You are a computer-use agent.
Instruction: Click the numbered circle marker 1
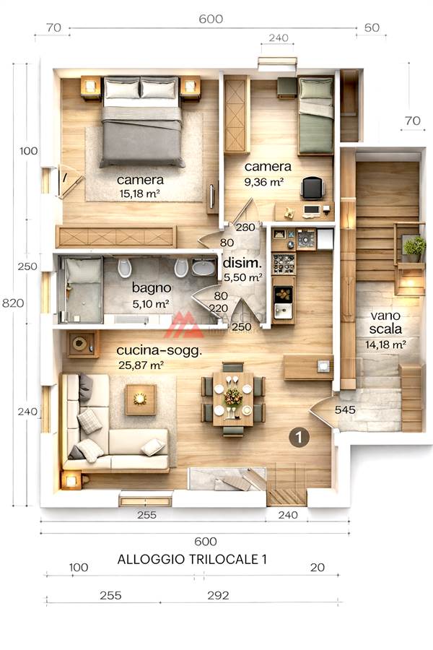[299, 437]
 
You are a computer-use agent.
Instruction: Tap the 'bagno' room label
[152, 287]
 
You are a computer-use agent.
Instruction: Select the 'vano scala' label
[385, 322]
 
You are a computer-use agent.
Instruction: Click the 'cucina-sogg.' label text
[159, 350]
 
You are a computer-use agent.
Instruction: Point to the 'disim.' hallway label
[242, 263]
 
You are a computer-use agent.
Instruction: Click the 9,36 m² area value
[264, 182]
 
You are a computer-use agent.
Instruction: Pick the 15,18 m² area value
[139, 193]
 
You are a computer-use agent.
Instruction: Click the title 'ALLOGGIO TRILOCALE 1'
[192, 559]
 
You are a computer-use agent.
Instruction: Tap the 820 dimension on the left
[13, 303]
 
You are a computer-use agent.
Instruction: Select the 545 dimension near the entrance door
[345, 409]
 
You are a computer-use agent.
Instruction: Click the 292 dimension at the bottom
[218, 595]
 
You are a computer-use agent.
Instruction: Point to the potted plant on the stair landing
[414, 248]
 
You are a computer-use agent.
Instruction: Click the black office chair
[312, 188]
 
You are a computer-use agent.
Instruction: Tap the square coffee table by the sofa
[141, 399]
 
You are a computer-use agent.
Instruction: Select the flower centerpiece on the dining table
[233, 396]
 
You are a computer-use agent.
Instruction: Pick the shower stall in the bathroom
[82, 290]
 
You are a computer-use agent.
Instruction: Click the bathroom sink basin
[204, 267]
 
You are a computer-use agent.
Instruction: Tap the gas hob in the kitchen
[306, 239]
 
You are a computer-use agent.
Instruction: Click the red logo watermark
[185, 325]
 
